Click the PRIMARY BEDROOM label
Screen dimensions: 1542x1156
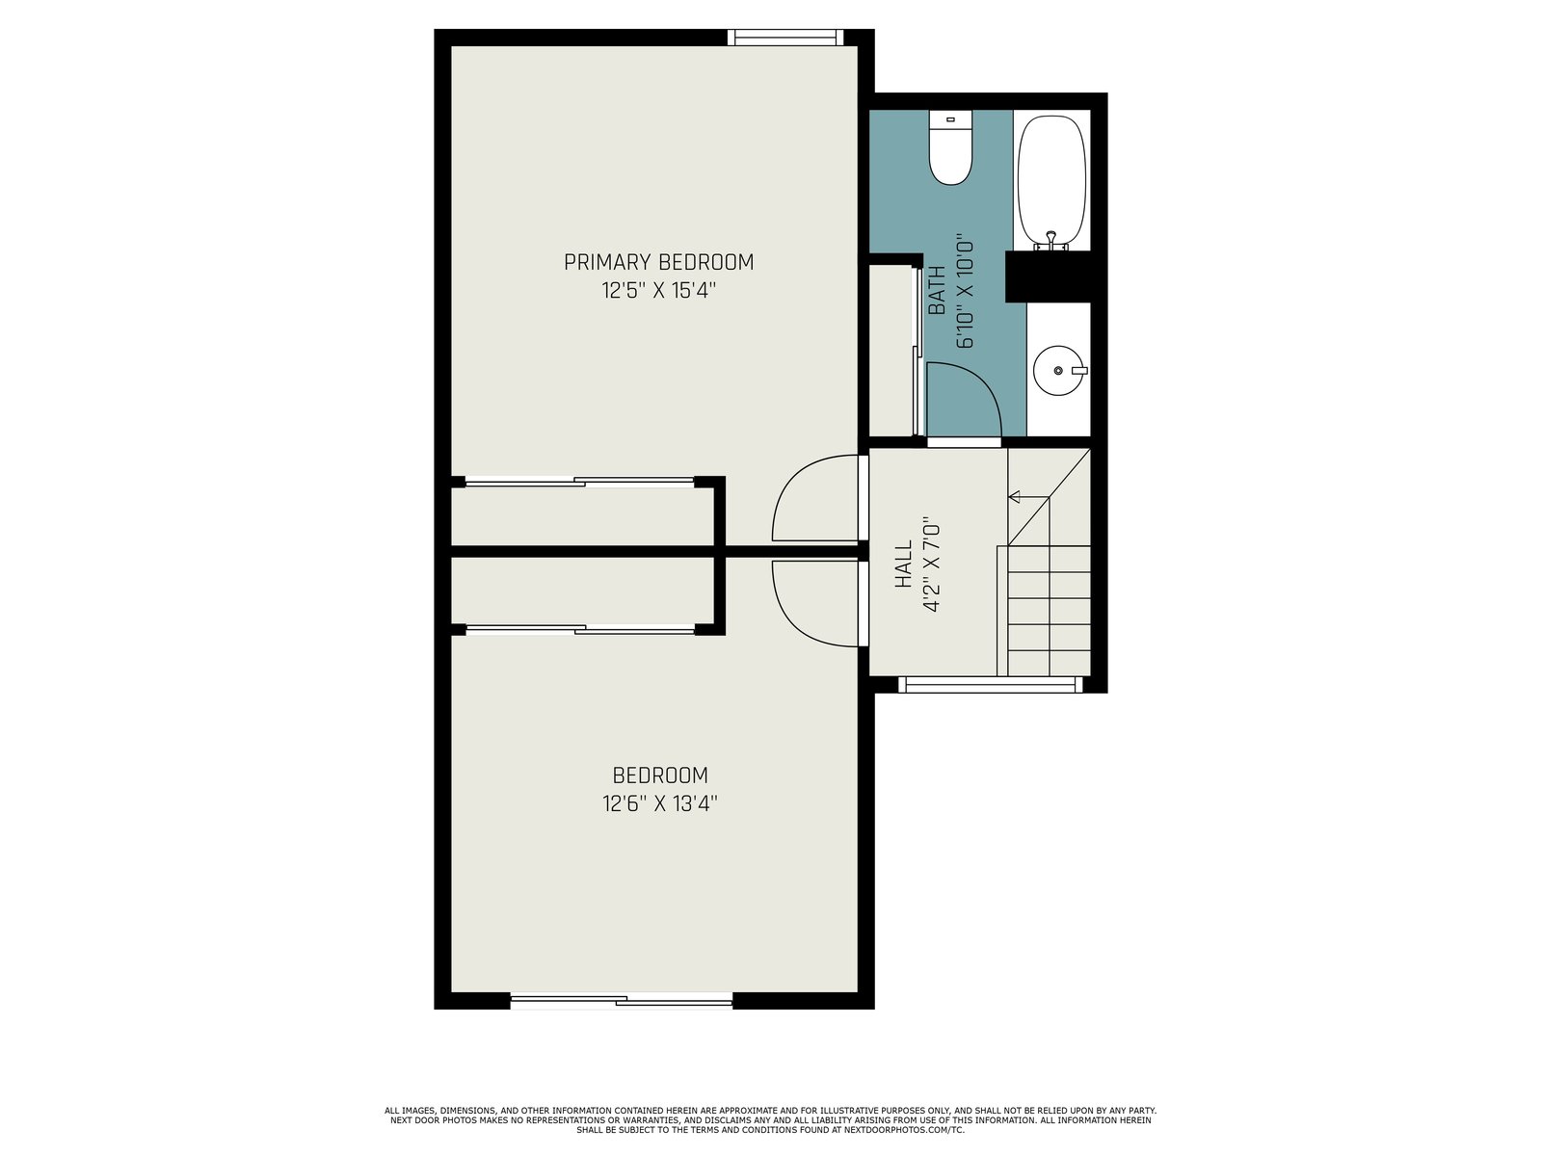point(658,262)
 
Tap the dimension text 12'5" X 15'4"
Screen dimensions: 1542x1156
point(658,290)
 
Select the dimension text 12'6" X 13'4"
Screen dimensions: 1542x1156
point(659,803)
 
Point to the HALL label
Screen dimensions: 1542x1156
point(903,564)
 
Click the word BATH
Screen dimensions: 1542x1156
point(936,290)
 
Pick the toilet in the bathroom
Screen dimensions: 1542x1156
point(950,147)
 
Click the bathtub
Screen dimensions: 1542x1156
point(1050,182)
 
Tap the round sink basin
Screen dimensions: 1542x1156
point(1058,370)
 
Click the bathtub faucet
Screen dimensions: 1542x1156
point(1050,241)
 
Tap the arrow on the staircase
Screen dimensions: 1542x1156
point(1028,497)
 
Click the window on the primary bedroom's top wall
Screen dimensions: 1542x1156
point(784,38)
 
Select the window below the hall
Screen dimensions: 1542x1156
point(990,684)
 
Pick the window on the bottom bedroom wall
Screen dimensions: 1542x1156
point(621,1001)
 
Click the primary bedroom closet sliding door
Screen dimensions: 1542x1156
point(579,482)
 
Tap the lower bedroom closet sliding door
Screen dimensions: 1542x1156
point(579,630)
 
